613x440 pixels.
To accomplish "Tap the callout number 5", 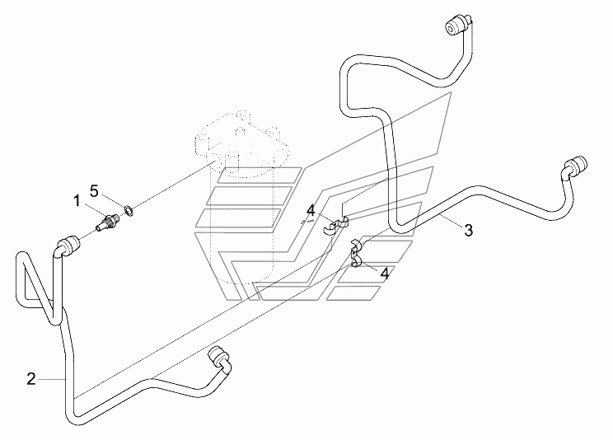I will point(94,191).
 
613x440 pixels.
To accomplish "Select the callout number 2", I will point(31,379).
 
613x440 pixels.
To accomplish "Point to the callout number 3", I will point(468,231).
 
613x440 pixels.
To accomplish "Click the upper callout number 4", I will point(310,212).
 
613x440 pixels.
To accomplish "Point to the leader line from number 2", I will point(51,378).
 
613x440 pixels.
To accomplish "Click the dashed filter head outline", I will point(239,136).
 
